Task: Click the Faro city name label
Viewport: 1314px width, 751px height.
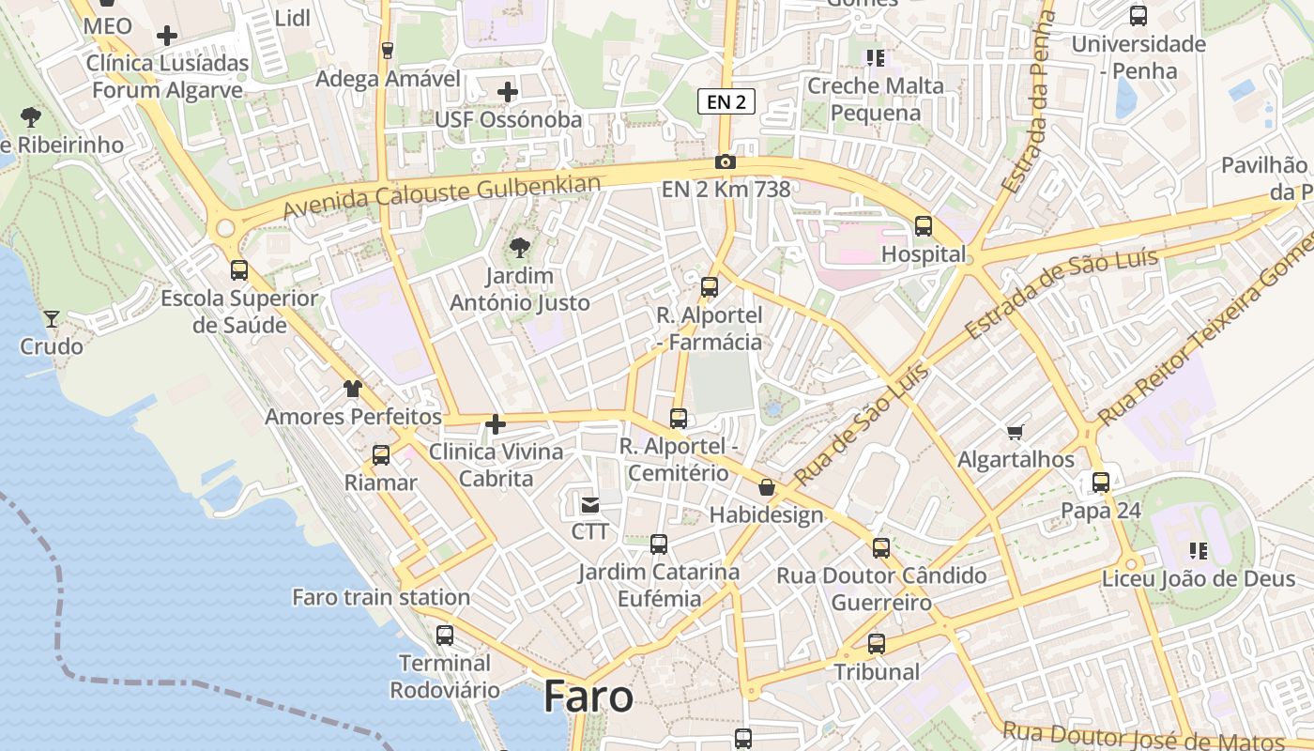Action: click(588, 697)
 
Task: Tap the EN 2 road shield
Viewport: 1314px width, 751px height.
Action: click(726, 101)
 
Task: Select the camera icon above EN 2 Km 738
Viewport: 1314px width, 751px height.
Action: click(725, 161)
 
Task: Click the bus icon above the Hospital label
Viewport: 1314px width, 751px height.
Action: click(924, 226)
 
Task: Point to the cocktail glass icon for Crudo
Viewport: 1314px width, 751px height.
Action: click(52, 319)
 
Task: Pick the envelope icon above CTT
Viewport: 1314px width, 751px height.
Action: click(589, 505)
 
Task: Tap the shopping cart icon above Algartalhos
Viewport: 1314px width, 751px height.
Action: click(1015, 432)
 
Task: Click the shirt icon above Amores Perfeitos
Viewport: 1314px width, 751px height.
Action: click(353, 388)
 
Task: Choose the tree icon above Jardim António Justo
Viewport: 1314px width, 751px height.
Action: click(518, 249)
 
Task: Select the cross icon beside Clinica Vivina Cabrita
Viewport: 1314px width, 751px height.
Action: click(495, 425)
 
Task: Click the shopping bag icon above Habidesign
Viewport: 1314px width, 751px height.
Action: click(767, 487)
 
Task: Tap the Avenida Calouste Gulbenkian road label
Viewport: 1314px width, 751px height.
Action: click(441, 196)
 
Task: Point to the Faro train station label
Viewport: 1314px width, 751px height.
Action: click(381, 597)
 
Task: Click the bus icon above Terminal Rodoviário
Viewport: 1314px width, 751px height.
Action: click(445, 636)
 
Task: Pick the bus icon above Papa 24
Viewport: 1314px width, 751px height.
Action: click(1101, 483)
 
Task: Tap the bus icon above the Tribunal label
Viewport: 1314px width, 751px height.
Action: click(877, 644)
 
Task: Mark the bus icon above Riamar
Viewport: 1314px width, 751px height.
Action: click(381, 455)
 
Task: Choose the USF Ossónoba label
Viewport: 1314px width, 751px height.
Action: click(508, 120)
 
